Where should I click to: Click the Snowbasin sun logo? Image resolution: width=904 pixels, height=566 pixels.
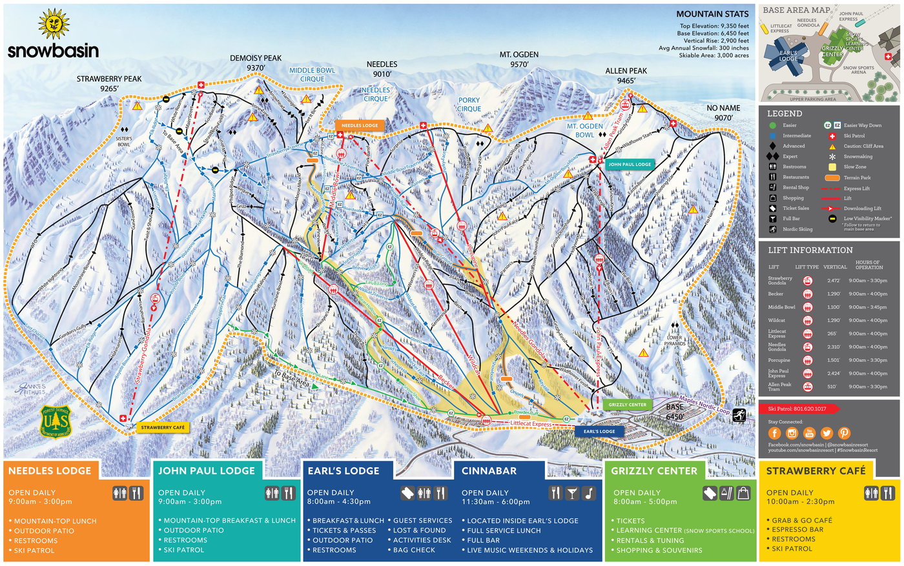[53, 25]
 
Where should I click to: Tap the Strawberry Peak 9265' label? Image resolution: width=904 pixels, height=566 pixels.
[109, 83]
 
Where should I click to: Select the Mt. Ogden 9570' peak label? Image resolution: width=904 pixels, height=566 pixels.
[519, 59]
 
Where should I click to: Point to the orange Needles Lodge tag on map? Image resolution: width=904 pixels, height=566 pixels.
[360, 125]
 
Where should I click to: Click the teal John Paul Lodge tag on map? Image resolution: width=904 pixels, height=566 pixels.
[629, 165]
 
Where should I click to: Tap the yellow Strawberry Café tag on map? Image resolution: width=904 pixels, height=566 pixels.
[163, 427]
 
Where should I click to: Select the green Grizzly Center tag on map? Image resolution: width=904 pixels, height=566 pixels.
[627, 405]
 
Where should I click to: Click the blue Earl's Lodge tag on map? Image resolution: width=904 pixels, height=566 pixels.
[599, 431]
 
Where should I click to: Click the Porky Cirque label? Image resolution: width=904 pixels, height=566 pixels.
[469, 105]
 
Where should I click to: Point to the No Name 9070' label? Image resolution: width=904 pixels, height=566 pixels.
[723, 113]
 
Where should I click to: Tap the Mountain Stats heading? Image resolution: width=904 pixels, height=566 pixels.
[712, 14]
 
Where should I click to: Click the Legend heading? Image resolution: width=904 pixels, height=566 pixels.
[785, 114]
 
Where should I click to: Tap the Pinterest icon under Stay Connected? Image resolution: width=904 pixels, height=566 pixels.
[843, 433]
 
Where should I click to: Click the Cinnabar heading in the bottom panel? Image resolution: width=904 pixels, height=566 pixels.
[489, 471]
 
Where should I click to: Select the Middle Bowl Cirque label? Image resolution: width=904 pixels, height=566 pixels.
[312, 74]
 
